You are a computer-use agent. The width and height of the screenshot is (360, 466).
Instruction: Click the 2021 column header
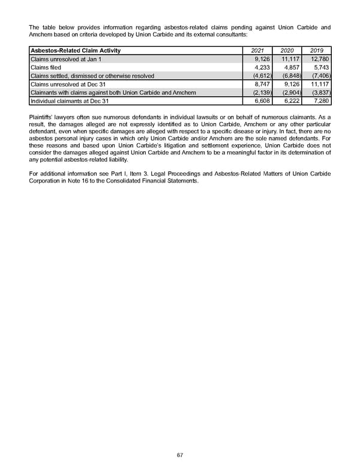[257, 50]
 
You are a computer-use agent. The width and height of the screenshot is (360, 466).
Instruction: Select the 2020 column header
[286, 50]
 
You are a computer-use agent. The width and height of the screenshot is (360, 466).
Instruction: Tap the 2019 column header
[316, 50]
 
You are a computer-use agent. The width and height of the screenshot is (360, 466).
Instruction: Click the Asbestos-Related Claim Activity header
[75, 50]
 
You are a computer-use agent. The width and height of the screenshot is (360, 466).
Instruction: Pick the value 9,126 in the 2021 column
[262, 59]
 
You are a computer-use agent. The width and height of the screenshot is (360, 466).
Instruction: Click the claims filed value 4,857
[291, 68]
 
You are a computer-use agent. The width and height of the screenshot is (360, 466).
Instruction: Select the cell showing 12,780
[320, 59]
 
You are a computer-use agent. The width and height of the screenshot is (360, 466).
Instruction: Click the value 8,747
[262, 85]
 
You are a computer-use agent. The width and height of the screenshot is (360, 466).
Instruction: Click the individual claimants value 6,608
[262, 101]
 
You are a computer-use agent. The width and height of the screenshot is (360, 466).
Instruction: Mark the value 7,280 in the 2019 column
[322, 101]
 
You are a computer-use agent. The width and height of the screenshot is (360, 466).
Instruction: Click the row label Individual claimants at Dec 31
[70, 101]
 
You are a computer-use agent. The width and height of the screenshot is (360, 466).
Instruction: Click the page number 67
[180, 455]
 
